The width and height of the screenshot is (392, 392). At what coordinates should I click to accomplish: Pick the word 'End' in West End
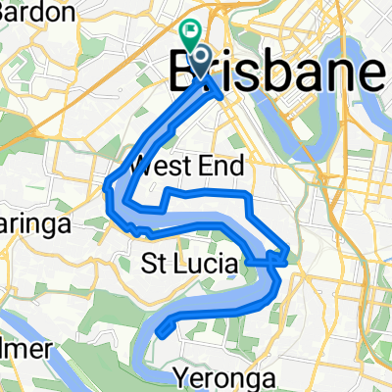[x=222, y=164]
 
